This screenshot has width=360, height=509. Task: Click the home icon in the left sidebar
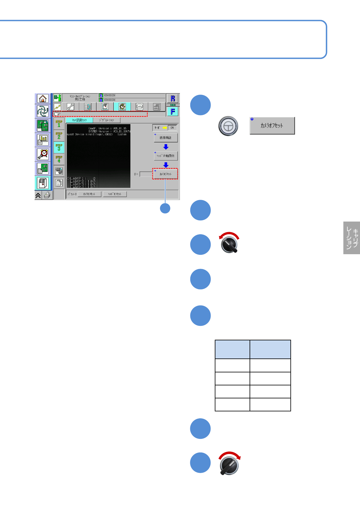43,99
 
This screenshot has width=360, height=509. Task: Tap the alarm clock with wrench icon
43,154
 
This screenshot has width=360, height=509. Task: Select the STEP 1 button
59,124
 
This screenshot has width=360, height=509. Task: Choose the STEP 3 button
59,148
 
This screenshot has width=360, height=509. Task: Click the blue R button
173,99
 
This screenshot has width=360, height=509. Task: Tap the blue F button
173,112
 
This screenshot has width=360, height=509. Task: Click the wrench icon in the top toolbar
70,107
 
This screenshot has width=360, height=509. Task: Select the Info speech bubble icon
139,107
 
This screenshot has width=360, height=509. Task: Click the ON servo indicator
172,128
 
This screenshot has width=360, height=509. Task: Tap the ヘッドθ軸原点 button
165,156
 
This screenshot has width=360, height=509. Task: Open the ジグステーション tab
106,120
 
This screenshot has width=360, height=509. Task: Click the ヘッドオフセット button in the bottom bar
115,194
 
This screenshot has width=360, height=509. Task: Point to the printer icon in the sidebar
47,196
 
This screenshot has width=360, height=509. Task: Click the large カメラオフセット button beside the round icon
272,126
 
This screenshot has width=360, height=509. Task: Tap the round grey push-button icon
228,126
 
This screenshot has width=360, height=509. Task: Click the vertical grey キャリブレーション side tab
352,238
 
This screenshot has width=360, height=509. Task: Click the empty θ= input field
146,174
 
